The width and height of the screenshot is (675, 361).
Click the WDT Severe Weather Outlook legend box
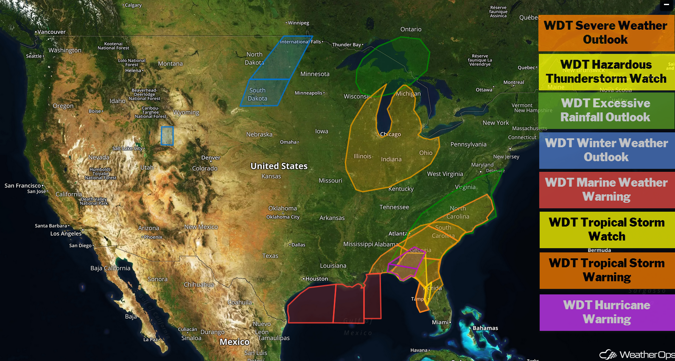[x=606, y=33]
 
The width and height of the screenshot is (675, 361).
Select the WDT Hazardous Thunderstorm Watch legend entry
[x=606, y=72]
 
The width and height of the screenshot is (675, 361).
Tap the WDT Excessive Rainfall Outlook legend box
[x=606, y=110]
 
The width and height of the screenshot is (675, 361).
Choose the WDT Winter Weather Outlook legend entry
[x=606, y=150]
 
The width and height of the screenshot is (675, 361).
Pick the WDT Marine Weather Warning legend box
[x=606, y=190]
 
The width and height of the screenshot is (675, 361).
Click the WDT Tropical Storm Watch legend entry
[x=607, y=229]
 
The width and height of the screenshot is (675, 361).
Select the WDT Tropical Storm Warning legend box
[x=607, y=270]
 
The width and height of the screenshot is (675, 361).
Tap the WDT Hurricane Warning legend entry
[x=607, y=312]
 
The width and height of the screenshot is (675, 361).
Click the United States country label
[x=279, y=166]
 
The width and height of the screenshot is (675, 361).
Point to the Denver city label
[x=211, y=158]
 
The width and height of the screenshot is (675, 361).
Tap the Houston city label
[x=316, y=279]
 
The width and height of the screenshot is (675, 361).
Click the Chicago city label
[x=390, y=134]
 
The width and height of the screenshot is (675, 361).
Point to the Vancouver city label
[x=51, y=32]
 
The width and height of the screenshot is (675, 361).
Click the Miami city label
[x=440, y=322]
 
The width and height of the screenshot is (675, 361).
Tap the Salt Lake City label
[x=128, y=148]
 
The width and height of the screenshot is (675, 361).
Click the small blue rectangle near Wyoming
[x=167, y=136]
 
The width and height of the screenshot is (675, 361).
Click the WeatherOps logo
[x=636, y=355]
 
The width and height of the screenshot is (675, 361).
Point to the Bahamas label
[x=485, y=328]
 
